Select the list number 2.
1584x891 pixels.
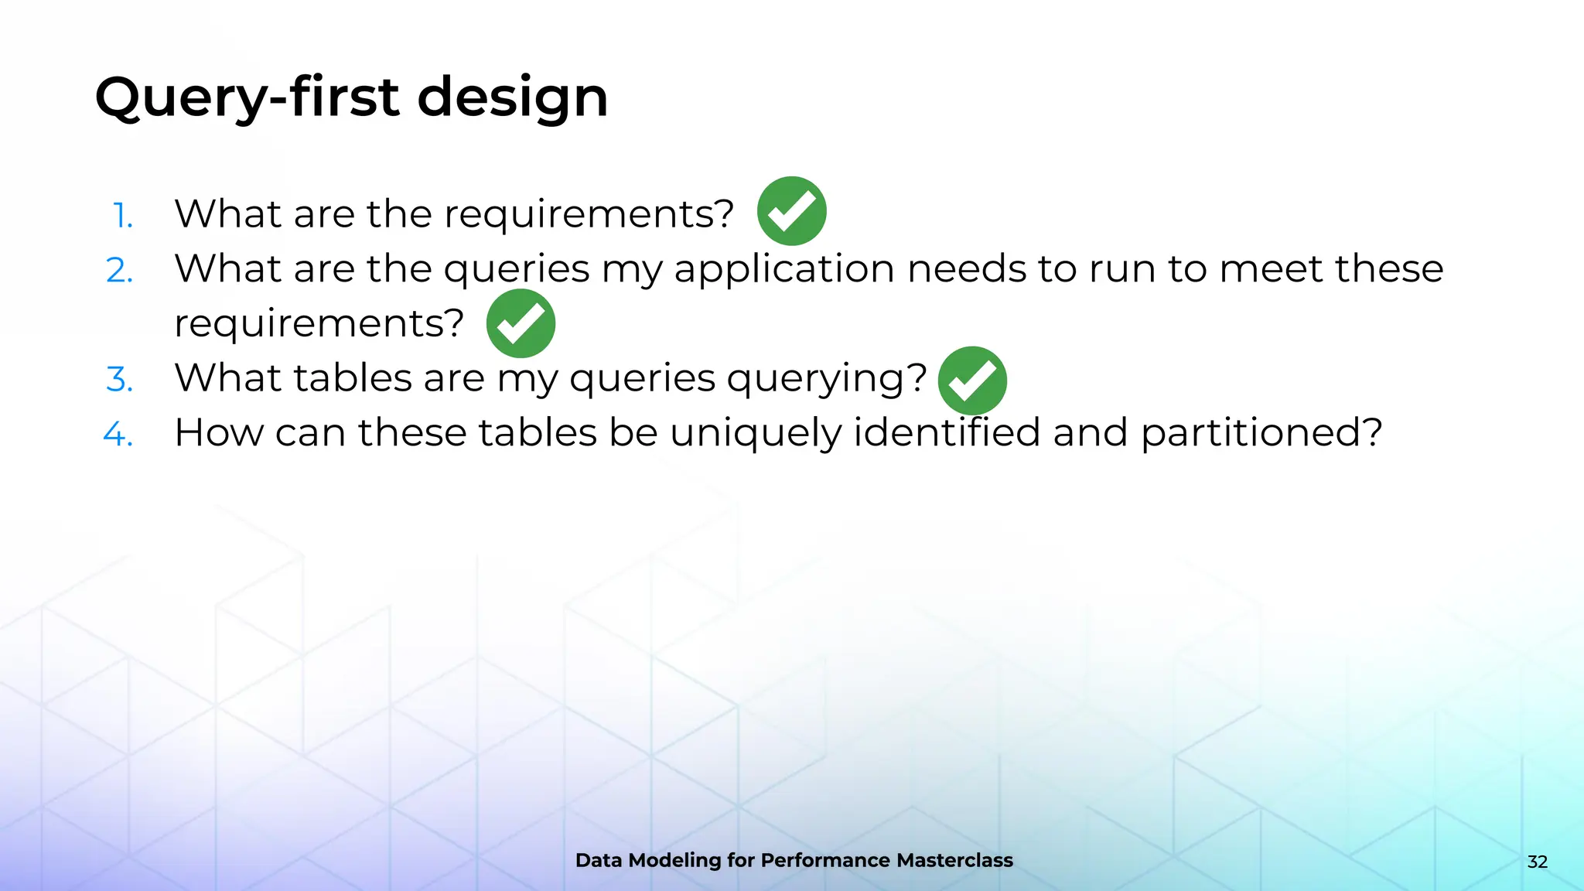point(120,270)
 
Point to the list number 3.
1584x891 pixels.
point(120,379)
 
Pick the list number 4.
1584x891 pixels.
point(118,434)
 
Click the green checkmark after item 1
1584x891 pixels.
point(791,211)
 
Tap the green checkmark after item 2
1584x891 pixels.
point(521,323)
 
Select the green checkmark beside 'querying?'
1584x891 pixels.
point(972,381)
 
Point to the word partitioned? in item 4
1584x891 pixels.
point(1261,432)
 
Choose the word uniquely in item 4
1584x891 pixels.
point(756,434)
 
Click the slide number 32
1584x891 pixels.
point(1537,862)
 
